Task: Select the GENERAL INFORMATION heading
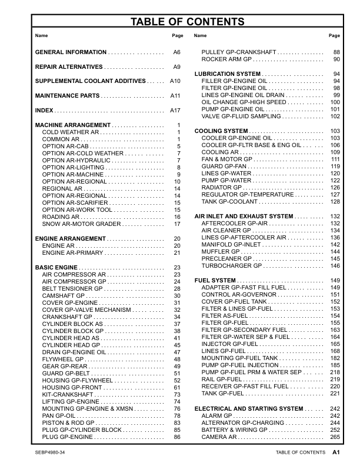pyautogui.click(x=71, y=52)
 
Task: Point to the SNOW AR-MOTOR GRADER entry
pyautogui.click(x=81, y=224)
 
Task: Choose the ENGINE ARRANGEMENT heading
pyautogui.click(x=70, y=238)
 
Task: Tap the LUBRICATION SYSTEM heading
pyautogui.click(x=228, y=74)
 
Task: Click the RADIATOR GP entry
pyautogui.click(x=222, y=188)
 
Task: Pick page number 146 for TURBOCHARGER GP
pyautogui.click(x=335, y=266)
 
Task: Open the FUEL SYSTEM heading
pyautogui.click(x=215, y=280)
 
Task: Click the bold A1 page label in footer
pyautogui.click(x=336, y=452)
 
